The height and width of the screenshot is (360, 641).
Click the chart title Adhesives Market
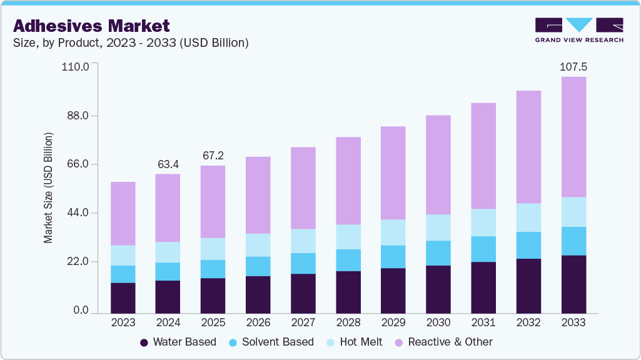(x=91, y=26)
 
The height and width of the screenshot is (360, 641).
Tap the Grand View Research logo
(x=578, y=30)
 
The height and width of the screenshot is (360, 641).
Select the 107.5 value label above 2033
(x=573, y=66)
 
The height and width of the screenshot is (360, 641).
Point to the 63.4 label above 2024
(x=168, y=164)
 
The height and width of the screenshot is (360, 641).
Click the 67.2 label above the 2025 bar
(x=213, y=155)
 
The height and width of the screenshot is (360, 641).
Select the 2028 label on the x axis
(x=348, y=322)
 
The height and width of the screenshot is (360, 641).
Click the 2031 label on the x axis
(x=483, y=322)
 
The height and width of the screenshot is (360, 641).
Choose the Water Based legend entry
(x=178, y=342)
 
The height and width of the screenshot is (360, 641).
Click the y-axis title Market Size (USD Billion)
(x=48, y=188)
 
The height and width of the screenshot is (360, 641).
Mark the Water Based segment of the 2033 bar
(x=573, y=284)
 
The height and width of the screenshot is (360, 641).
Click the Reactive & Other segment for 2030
(x=438, y=165)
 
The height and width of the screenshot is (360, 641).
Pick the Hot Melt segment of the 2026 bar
(x=258, y=245)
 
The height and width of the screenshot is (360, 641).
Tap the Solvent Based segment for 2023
(x=123, y=274)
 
